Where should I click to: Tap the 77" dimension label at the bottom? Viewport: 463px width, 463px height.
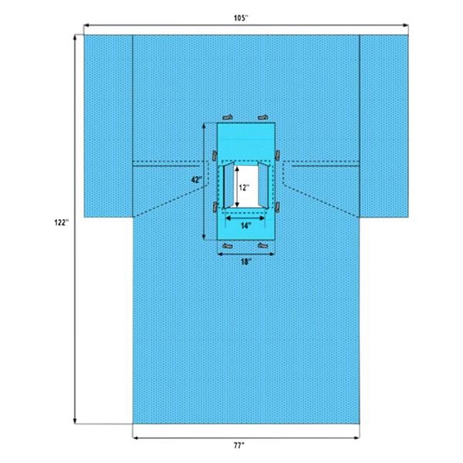click(x=245, y=445)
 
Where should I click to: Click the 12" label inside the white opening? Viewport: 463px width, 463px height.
click(x=242, y=187)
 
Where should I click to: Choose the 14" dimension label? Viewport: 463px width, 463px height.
click(x=245, y=226)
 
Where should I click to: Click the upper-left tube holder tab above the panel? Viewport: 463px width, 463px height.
click(x=229, y=117)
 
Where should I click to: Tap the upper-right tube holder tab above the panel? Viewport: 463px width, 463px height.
click(x=263, y=117)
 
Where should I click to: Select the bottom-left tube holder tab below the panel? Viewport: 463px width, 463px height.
click(x=228, y=247)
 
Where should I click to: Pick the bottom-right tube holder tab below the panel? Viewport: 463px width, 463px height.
click(x=264, y=247)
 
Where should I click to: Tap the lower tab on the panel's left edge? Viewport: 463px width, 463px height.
click(x=211, y=206)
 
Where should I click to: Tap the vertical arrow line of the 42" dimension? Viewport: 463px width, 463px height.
click(x=204, y=208)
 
